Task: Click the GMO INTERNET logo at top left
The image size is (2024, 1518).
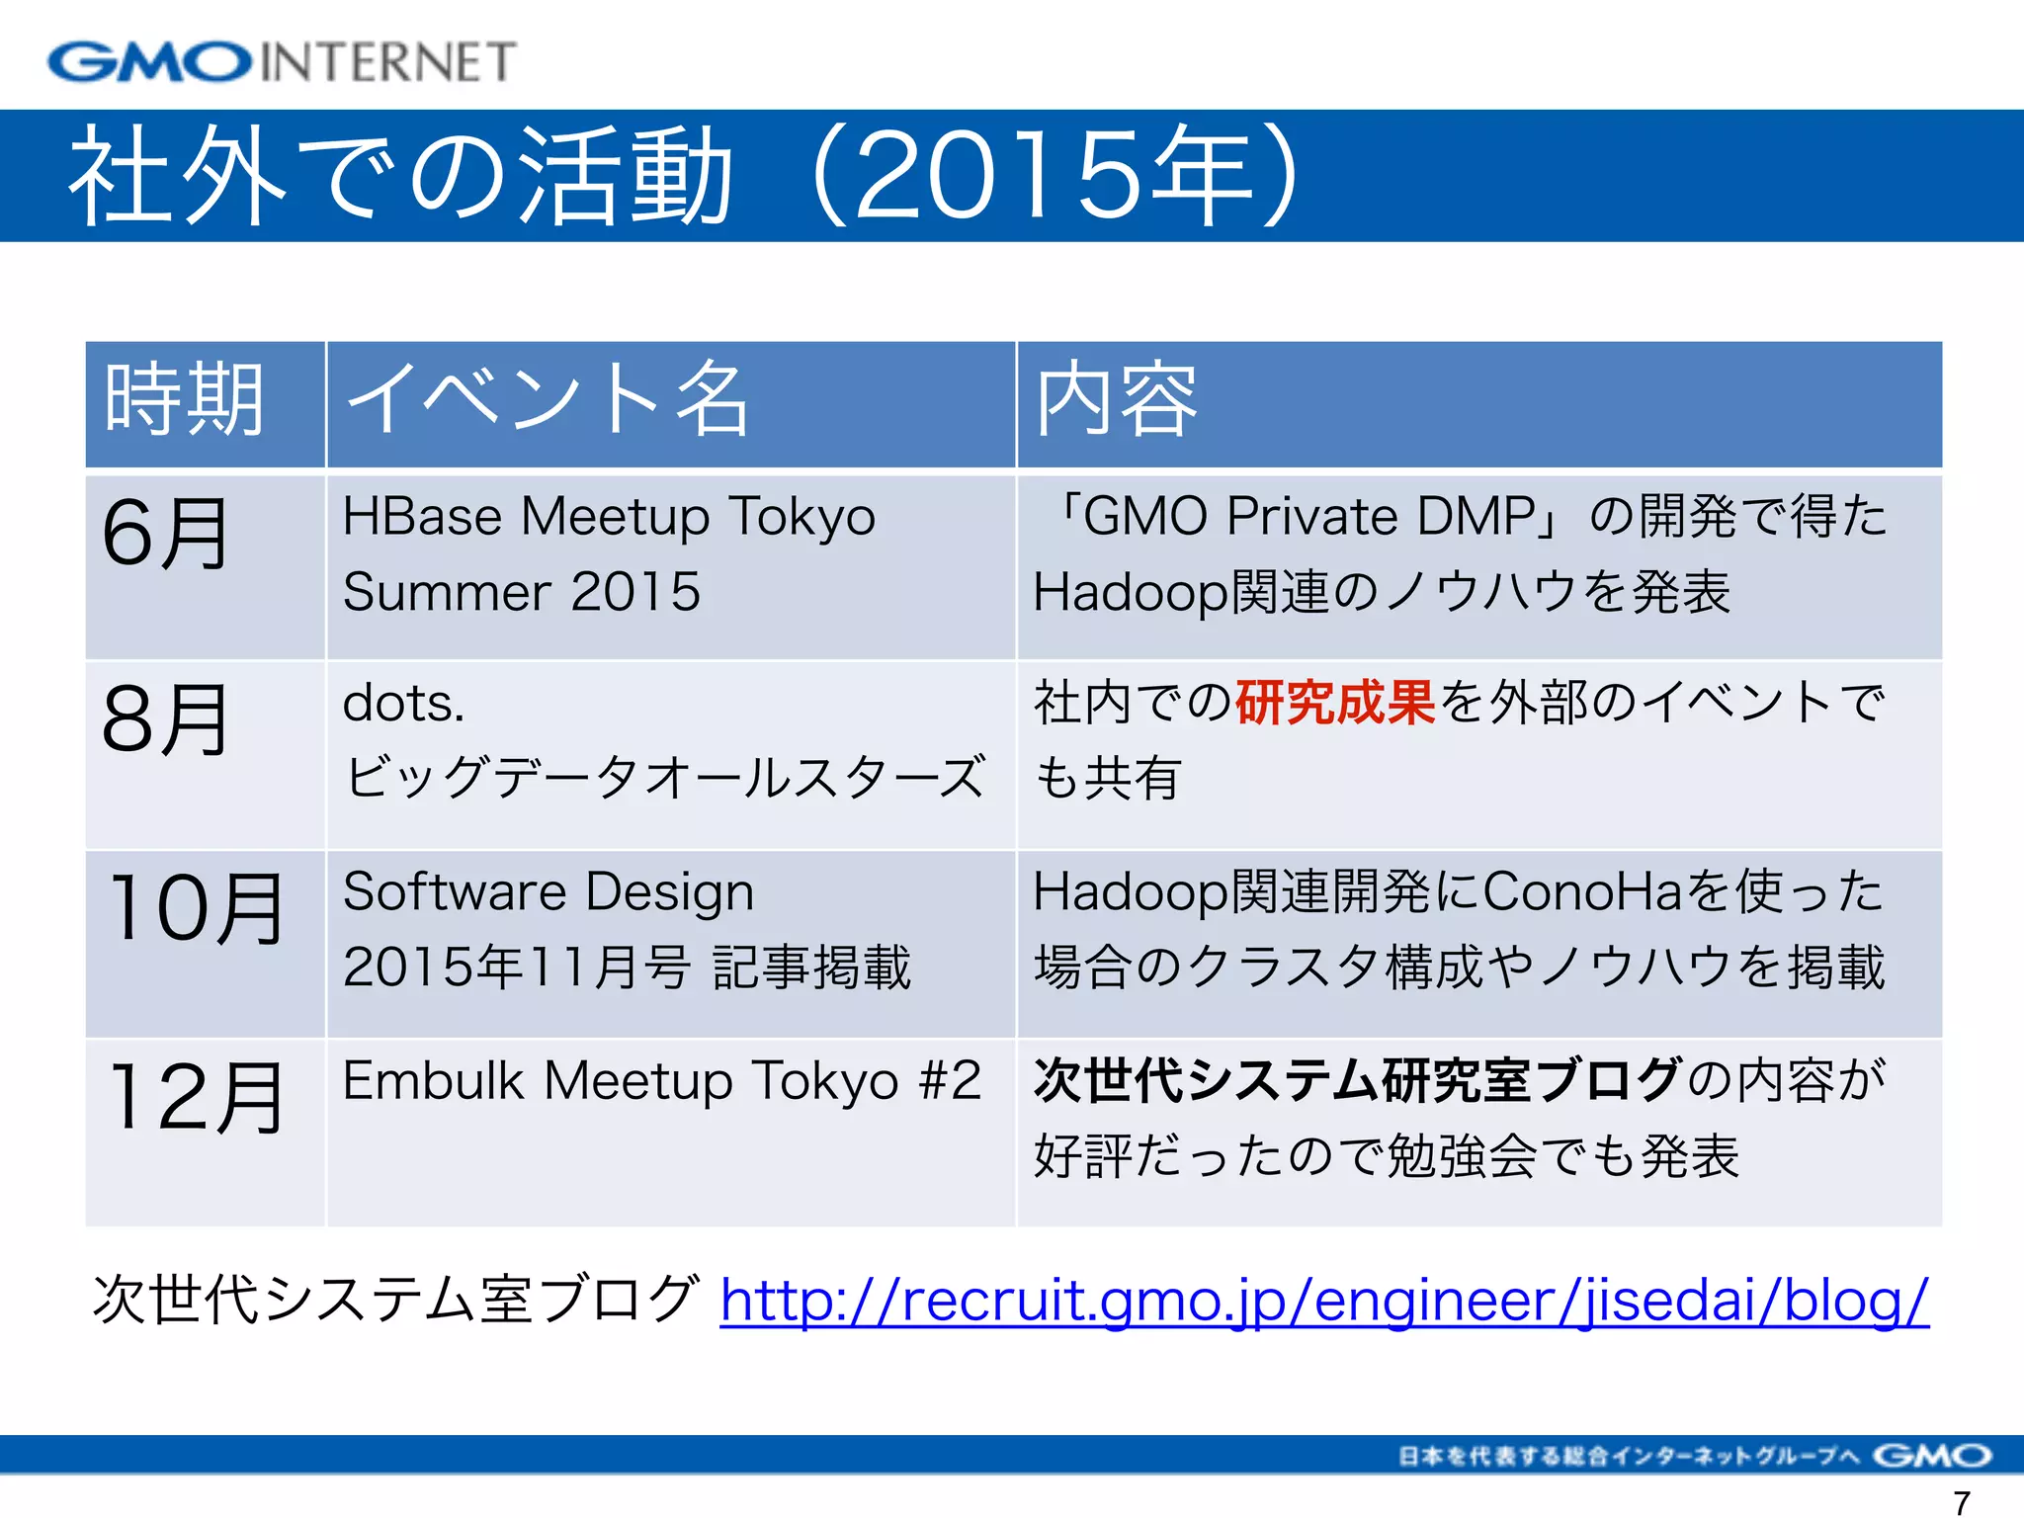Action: click(x=282, y=61)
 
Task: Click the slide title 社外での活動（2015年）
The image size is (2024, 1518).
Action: click(x=682, y=176)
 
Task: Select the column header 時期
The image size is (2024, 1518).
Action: click(x=185, y=400)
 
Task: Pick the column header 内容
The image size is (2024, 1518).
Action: click(x=1117, y=400)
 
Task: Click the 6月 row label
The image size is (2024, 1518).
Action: click(x=165, y=534)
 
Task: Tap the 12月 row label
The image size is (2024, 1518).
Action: click(x=196, y=1097)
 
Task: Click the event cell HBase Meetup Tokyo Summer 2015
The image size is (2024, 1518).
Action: click(x=609, y=553)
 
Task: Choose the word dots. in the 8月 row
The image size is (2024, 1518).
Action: click(x=403, y=704)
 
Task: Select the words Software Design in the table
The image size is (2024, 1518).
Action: click(x=548, y=891)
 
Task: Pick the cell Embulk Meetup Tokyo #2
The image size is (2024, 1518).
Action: click(x=661, y=1080)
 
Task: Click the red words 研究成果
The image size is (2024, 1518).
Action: click(x=1334, y=704)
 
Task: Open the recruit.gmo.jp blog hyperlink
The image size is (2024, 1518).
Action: click(x=1324, y=1301)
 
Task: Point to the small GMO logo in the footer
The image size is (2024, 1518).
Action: click(x=1931, y=1456)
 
